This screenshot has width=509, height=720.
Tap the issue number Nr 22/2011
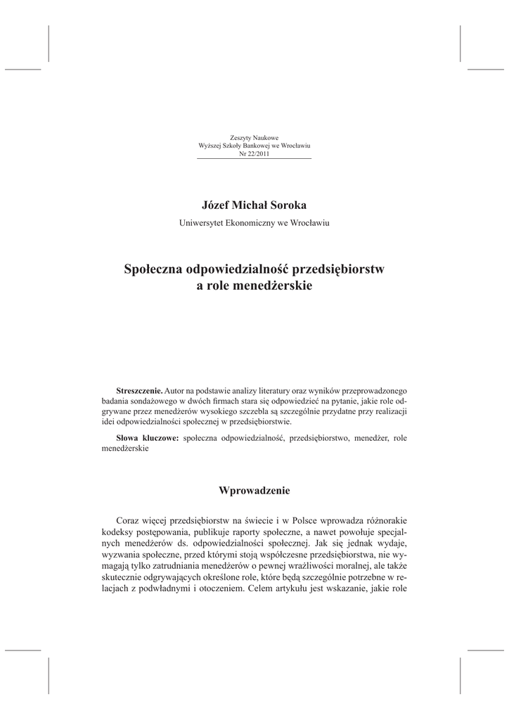point(254,153)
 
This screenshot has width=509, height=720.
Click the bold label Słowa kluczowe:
point(148,437)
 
